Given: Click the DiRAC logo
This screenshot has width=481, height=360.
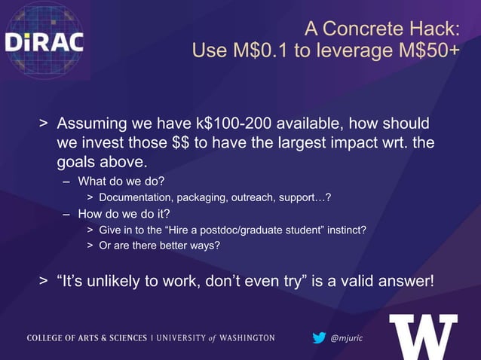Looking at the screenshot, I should [44, 41].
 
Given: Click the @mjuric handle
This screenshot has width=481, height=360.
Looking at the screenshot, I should [347, 338].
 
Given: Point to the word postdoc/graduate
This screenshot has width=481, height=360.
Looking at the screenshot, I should [240, 230].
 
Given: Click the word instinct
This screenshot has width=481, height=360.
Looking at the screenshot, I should [345, 230].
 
